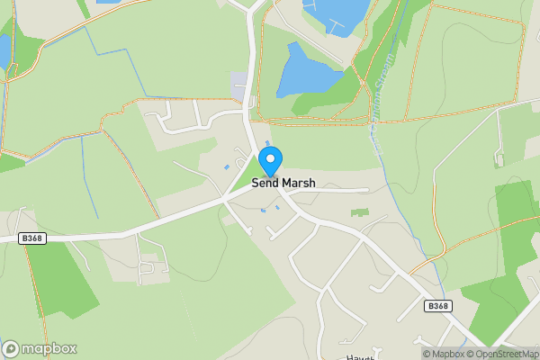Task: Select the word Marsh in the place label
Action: [x=299, y=183]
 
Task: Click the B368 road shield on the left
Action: [x=30, y=238]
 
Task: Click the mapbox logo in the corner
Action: [x=39, y=348]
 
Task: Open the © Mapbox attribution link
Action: [x=445, y=354]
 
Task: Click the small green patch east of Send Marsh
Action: [x=360, y=212]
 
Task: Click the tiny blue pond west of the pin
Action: [x=227, y=167]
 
